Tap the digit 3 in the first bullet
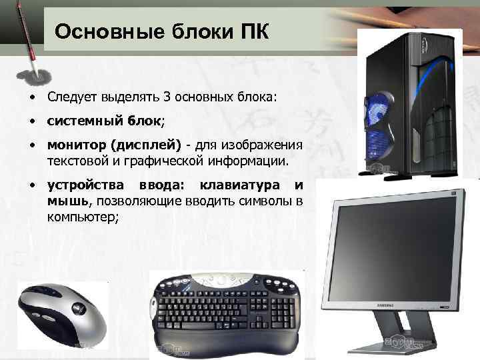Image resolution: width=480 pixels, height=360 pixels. [167, 97]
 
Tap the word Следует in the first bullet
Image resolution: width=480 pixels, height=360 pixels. [72, 97]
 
